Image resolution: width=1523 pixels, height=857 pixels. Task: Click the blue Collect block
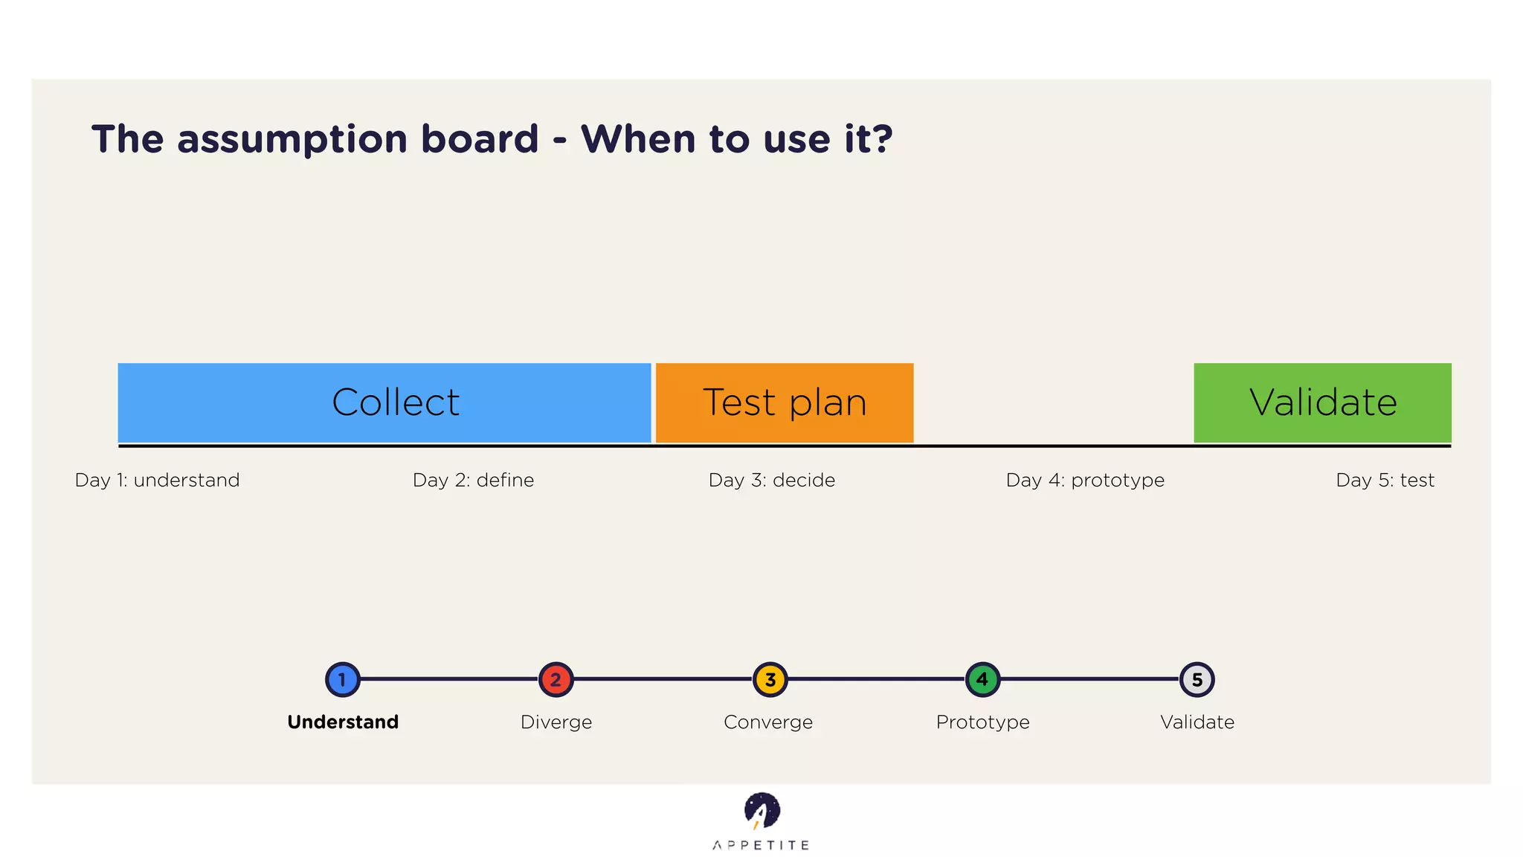[x=384, y=402]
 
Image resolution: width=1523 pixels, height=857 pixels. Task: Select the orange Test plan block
[x=785, y=402]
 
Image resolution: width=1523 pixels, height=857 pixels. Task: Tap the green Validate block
[x=1322, y=402]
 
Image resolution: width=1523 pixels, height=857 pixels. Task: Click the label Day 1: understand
[x=158, y=480]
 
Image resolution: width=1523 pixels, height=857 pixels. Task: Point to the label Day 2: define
[x=474, y=480]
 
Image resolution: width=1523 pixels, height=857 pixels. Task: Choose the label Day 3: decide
[x=772, y=480]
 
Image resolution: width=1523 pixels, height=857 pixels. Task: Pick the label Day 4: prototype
[x=1085, y=480]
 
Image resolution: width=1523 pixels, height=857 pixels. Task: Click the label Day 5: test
[x=1385, y=480]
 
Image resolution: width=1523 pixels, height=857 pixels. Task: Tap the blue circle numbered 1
[x=343, y=679]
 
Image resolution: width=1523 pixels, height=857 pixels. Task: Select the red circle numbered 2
[x=556, y=679]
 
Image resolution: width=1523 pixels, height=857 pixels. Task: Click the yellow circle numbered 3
[x=770, y=679]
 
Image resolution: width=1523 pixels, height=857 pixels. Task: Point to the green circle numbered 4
[x=982, y=679]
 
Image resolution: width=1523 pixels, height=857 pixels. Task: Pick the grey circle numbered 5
[x=1197, y=679]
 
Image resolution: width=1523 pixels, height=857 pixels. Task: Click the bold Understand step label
[x=343, y=722]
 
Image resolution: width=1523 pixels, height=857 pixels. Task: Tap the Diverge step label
[x=556, y=722]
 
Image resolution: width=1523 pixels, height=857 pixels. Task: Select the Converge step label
[x=768, y=722]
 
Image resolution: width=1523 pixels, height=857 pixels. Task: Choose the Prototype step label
[x=982, y=722]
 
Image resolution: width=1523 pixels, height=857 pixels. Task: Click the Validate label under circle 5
[x=1197, y=722]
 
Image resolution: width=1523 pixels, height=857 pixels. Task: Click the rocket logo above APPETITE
[x=761, y=811]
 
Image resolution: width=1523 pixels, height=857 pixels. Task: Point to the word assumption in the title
[x=292, y=139]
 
